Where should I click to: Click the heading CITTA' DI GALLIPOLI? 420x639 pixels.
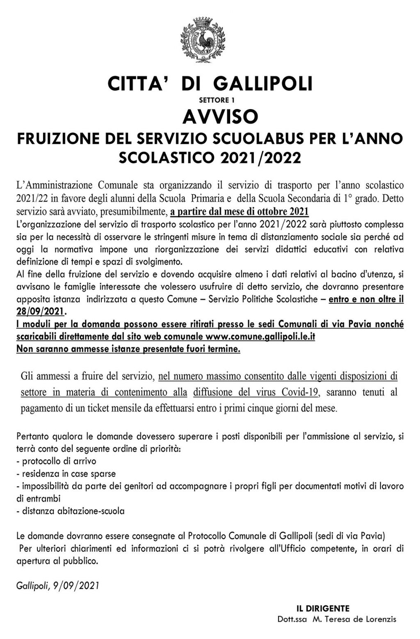pos(210,84)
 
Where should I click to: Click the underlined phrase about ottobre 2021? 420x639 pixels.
pos(239,212)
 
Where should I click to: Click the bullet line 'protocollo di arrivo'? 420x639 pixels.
pos(56,461)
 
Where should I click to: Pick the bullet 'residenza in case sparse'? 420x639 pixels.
pos(66,474)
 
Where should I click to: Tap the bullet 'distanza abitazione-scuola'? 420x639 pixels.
pos(71,511)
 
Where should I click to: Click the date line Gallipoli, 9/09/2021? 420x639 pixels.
pos(58,586)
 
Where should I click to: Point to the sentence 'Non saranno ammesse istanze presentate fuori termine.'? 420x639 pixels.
pos(128,349)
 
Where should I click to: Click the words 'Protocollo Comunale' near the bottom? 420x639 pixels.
pos(223,535)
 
